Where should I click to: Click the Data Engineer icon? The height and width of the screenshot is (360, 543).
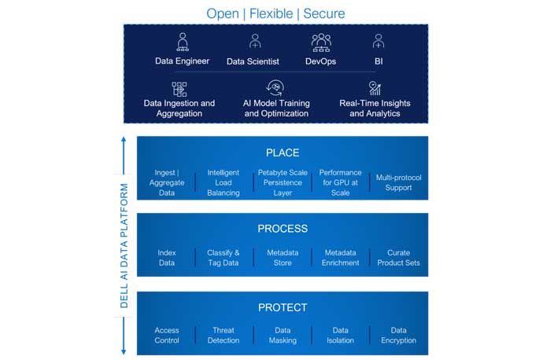(183, 42)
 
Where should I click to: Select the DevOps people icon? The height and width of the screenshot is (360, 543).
(321, 42)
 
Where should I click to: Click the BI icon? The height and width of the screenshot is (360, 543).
(378, 42)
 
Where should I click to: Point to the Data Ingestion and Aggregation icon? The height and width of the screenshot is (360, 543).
(179, 88)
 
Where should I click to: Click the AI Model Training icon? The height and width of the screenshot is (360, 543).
(276, 87)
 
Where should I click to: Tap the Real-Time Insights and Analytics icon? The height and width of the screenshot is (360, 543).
(375, 88)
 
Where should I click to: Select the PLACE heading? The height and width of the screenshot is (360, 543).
(283, 152)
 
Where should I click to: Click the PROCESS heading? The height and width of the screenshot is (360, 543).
(283, 229)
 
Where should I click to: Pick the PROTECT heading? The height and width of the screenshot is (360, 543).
(283, 307)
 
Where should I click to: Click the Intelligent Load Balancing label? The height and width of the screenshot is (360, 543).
(223, 182)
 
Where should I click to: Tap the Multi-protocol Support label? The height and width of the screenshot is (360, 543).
(398, 182)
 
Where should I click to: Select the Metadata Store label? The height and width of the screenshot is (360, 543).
(283, 258)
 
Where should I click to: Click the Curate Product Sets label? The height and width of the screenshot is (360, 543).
(398, 258)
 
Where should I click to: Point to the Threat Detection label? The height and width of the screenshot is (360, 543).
(223, 335)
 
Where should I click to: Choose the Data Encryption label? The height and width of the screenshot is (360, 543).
(398, 335)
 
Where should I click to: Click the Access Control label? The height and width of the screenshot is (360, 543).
(167, 335)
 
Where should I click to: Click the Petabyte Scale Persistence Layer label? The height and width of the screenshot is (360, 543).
(283, 182)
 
